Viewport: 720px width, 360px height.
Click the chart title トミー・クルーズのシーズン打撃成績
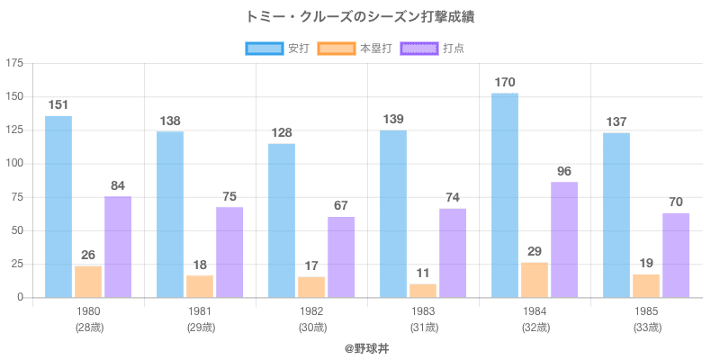click(360, 16)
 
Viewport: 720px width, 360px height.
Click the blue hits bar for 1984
click(505, 195)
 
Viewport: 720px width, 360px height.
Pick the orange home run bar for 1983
click(423, 290)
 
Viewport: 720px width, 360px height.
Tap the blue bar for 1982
click(282, 220)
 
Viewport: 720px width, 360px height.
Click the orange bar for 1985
click(646, 285)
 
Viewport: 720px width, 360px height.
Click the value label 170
click(505, 83)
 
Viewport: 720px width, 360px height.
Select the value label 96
click(564, 171)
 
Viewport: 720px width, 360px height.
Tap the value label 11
click(423, 274)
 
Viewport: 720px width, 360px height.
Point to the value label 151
click(58, 105)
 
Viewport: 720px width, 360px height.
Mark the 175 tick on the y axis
click(14, 63)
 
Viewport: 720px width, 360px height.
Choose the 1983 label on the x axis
click(423, 311)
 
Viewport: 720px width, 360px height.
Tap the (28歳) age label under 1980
click(88, 328)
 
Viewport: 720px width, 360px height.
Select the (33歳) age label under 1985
click(646, 328)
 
